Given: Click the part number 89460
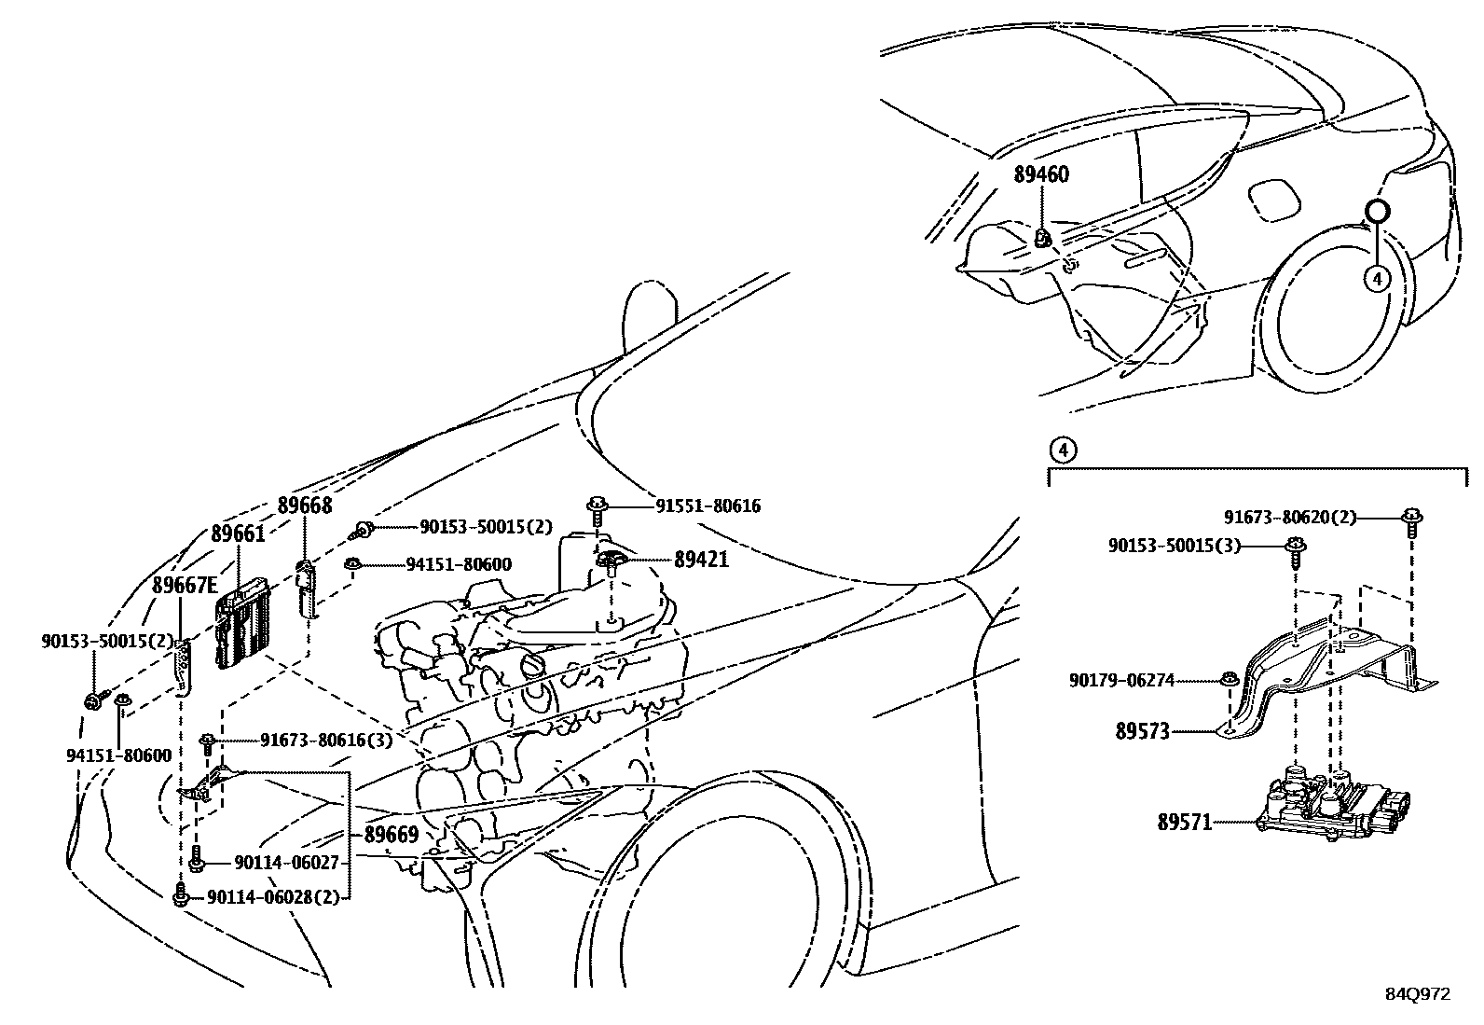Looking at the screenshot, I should coord(1041,174).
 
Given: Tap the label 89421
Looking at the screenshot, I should coord(701,560).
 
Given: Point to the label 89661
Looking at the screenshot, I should coord(238,533).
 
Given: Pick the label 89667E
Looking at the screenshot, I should coord(185,585).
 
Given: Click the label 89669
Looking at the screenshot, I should coord(391,835).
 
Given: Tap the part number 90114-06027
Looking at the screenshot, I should coord(272,864).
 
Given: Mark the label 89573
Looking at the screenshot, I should coord(1142,731).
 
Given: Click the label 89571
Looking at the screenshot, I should coord(1184,823).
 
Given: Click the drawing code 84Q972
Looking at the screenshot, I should coord(1417,994).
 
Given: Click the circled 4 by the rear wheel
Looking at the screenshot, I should coord(1376,277).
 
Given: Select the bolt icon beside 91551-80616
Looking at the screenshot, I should coord(597,508).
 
